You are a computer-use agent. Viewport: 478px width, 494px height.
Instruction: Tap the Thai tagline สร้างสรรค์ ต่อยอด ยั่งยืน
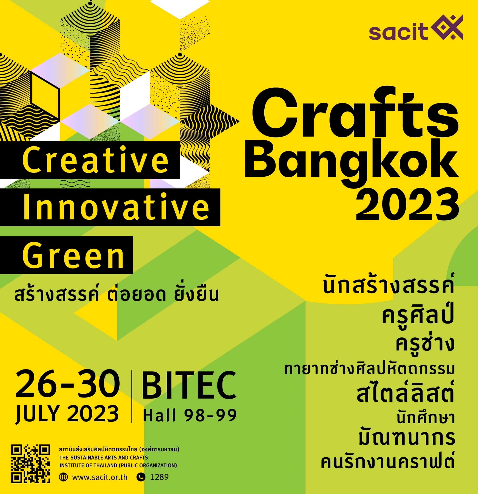pos(116,294)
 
